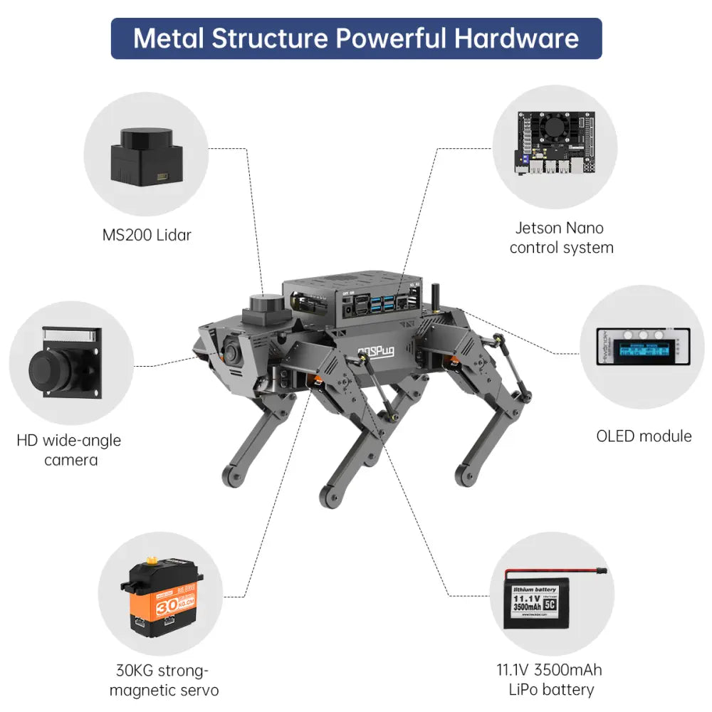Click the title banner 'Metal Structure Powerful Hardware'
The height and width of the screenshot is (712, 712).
pos(356,38)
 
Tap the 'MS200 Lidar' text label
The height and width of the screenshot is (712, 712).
pos(146,235)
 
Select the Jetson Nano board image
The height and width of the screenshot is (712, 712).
pos(555,145)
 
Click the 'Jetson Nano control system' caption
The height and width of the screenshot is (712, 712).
pos(561,238)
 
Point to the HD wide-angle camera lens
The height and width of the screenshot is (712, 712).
pos(50,370)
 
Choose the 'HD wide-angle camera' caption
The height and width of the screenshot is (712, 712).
pos(69,450)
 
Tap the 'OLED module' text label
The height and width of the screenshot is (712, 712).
pos(644,436)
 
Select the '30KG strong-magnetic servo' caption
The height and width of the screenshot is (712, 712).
pos(164,680)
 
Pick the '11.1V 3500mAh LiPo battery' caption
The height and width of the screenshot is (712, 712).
pos(549,679)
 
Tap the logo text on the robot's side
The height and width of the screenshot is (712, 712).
pos(376,350)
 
